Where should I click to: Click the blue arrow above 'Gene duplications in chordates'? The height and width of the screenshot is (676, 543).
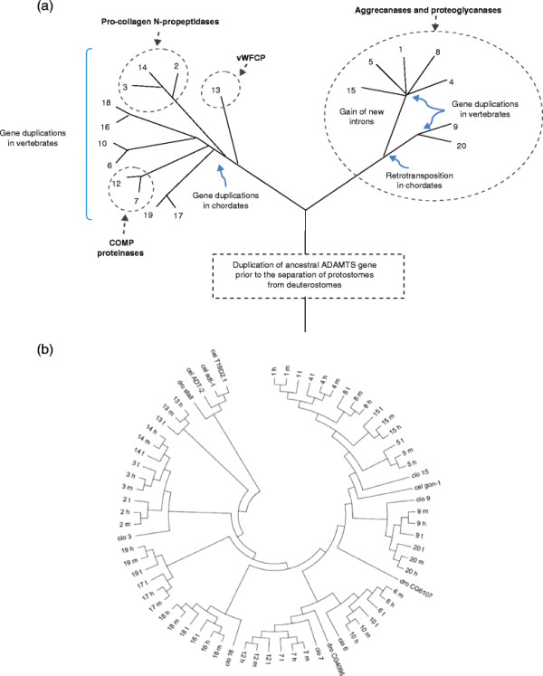click(x=218, y=166)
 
